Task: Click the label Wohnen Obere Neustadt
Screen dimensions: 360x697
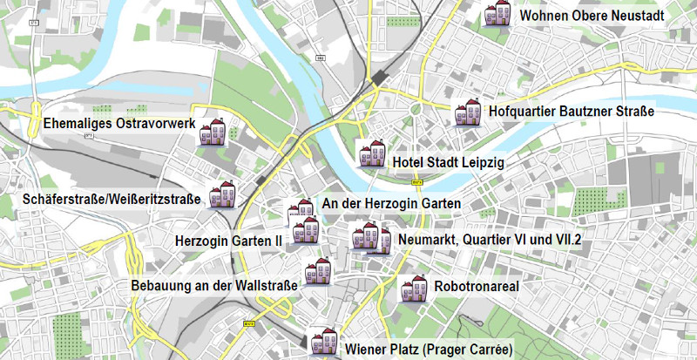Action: coord(592,16)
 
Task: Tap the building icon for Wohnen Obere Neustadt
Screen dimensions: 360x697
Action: coord(498,14)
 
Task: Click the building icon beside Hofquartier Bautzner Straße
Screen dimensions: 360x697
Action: coord(468,112)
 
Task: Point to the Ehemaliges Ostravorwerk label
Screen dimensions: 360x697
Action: coord(119,124)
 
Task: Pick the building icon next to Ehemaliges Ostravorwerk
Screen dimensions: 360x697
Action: coord(213,132)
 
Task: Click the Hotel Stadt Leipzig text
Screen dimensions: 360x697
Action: coord(448,163)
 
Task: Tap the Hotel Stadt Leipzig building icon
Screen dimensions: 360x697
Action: coord(372,153)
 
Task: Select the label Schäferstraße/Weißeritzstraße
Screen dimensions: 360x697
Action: coord(112,200)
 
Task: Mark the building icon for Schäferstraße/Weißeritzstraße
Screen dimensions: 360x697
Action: coord(222,194)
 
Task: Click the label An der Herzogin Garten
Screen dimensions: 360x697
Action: coord(391,203)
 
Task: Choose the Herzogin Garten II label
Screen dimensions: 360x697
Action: coord(228,240)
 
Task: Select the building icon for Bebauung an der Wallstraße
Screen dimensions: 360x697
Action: coord(317,274)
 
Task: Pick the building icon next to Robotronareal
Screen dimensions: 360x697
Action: coord(414,289)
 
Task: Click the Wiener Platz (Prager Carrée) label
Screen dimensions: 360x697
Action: coord(428,350)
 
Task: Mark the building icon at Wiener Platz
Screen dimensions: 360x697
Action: coord(323,342)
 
